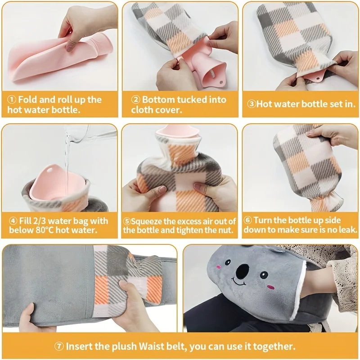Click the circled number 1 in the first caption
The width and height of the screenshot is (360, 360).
pyautogui.click(x=12, y=100)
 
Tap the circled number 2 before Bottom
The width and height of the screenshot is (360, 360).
pyautogui.click(x=135, y=100)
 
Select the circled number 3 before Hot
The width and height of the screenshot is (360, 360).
pyautogui.click(x=252, y=104)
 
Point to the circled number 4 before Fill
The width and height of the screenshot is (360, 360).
pyautogui.click(x=13, y=221)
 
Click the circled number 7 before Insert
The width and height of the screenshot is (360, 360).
pyautogui.click(x=59, y=346)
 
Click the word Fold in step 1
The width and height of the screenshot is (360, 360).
pyautogui.click(x=28, y=99)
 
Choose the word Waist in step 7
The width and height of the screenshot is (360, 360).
pyautogui.click(x=151, y=346)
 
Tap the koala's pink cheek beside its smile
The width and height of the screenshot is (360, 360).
pyautogui.click(x=271, y=287)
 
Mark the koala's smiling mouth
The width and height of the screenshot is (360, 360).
pyautogui.click(x=239, y=282)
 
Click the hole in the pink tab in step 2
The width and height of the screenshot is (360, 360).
pyautogui.click(x=221, y=82)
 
